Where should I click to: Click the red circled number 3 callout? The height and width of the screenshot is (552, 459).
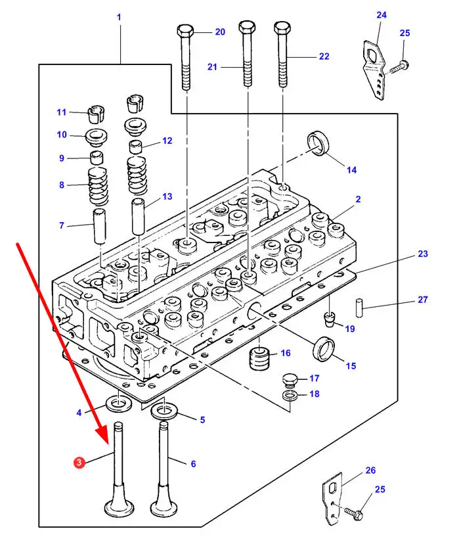click(79, 462)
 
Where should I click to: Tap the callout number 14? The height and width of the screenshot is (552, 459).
click(351, 170)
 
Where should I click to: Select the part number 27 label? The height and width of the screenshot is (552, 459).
click(422, 300)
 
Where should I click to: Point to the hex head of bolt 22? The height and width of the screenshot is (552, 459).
click(282, 27)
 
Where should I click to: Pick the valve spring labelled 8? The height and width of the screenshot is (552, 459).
click(98, 186)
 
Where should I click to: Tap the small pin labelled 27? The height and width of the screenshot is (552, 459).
click(359, 308)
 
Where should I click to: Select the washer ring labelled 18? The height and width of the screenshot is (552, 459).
click(289, 396)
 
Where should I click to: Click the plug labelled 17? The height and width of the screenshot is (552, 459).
click(290, 380)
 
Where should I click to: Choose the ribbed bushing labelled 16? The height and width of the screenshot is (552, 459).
click(259, 359)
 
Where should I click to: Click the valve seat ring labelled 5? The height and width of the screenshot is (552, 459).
click(164, 412)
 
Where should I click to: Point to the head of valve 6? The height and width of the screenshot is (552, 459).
click(164, 507)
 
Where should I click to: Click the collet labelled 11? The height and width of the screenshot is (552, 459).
click(95, 114)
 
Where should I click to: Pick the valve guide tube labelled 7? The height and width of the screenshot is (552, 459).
click(99, 226)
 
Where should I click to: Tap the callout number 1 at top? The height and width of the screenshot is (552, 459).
click(119, 17)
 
